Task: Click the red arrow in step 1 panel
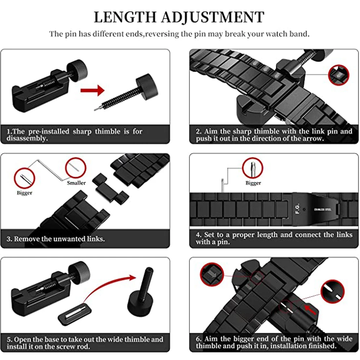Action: pos(92,90)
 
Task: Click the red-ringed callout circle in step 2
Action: pos(338,75)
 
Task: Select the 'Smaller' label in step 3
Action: pos(76,183)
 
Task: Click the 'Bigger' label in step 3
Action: pos(24,193)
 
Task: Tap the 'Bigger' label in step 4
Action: pos(253,183)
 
